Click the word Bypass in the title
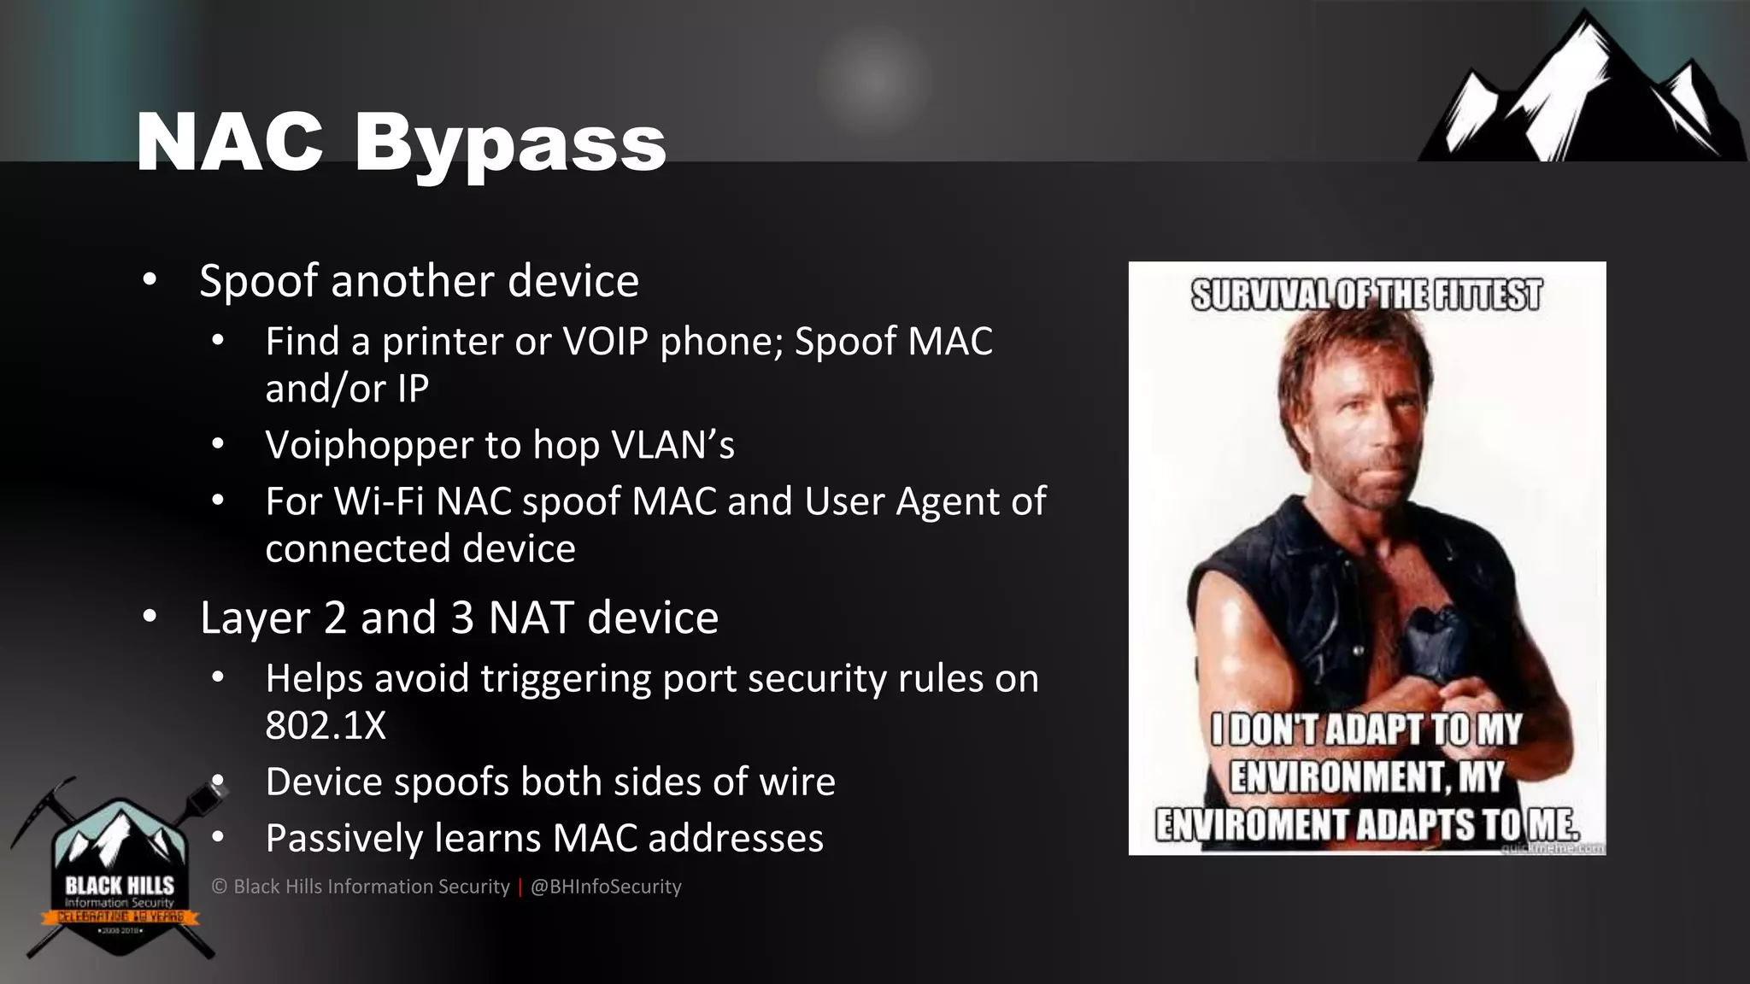click(x=510, y=143)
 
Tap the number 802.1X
click(x=326, y=726)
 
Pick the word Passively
click(x=344, y=839)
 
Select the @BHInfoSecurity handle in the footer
click(x=606, y=887)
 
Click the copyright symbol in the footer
click(x=220, y=887)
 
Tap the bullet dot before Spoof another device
click(x=150, y=280)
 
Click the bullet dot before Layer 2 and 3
click(x=150, y=617)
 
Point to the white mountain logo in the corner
click(x=1581, y=94)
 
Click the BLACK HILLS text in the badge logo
click(x=119, y=885)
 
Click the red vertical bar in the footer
click(x=520, y=887)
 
